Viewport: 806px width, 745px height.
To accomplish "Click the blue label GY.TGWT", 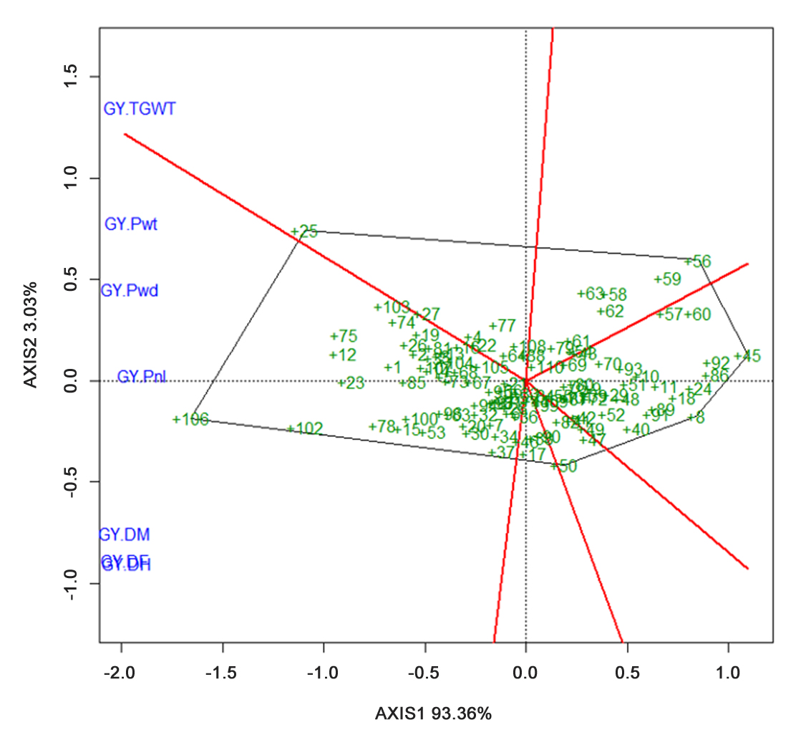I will [140, 110].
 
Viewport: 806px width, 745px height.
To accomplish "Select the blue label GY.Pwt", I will [131, 224].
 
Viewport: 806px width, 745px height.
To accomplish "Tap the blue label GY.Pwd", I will [129, 291].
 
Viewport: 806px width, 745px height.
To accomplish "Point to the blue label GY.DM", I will [124, 534].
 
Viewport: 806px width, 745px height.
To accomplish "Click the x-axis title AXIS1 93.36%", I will [434, 713].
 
